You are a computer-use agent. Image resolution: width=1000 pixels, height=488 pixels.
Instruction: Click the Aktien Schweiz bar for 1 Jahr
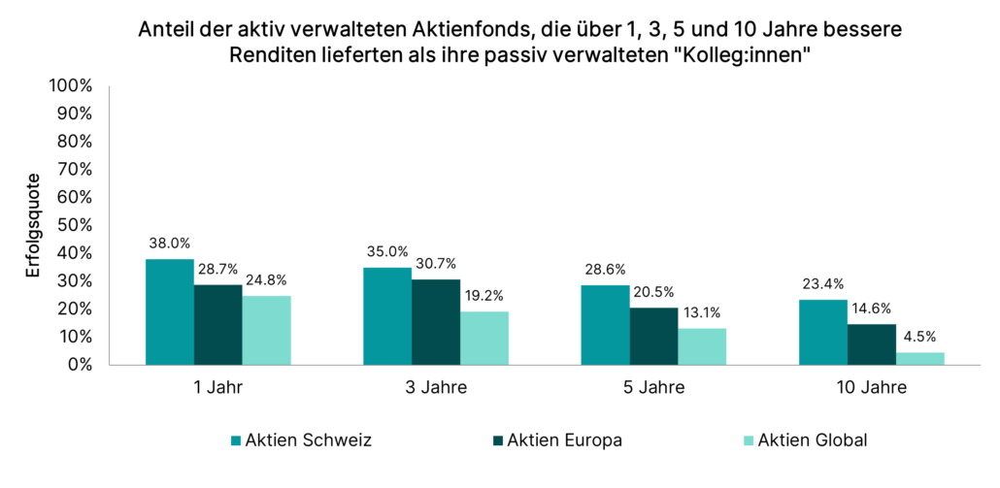[170, 312]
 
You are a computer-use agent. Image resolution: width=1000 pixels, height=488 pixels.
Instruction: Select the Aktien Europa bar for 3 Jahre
[436, 322]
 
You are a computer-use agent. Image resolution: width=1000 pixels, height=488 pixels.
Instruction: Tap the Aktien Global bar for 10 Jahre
[920, 359]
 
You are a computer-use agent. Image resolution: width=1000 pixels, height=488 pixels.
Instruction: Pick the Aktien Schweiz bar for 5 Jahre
[606, 325]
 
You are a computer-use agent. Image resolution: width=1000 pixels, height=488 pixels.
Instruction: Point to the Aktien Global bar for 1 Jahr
[266, 331]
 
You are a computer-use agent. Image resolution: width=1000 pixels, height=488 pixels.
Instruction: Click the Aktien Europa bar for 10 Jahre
[872, 344]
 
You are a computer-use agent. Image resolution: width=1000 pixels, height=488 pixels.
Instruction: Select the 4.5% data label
[920, 339]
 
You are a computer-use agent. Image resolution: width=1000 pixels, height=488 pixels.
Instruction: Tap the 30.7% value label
[436, 265]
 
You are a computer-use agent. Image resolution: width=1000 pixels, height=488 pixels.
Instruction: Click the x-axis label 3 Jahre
[436, 388]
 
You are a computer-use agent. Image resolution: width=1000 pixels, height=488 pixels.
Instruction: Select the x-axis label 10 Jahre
[872, 388]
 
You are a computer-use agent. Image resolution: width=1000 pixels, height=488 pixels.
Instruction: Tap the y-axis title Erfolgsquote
[33, 225]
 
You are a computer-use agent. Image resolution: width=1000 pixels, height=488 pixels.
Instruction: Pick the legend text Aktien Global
[814, 440]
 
